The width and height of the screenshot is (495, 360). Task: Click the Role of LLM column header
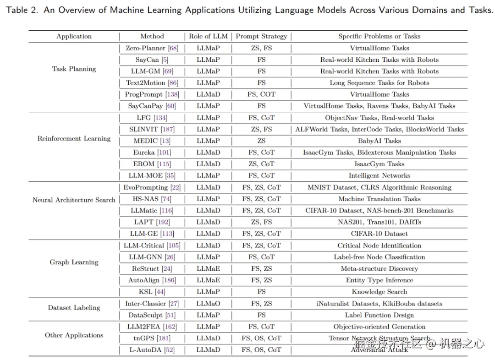click(208, 36)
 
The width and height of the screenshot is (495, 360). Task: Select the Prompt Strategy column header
click(261, 36)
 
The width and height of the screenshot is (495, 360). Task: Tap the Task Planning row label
click(74, 69)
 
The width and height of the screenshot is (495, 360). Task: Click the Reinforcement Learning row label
click(74, 138)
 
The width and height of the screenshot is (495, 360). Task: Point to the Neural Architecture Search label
click(74, 200)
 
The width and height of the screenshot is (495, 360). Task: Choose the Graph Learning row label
click(74, 262)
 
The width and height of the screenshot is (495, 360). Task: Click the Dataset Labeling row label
click(74, 307)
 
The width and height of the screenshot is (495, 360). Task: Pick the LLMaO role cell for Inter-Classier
click(208, 304)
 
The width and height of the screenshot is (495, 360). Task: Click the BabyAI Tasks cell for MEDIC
click(379, 141)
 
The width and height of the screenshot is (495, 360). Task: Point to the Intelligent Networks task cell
click(379, 175)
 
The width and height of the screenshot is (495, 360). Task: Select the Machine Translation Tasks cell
click(379, 199)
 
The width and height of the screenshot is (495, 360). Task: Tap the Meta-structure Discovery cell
click(379, 268)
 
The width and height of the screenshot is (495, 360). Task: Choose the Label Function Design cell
click(379, 315)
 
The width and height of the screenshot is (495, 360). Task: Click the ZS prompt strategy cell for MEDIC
click(261, 141)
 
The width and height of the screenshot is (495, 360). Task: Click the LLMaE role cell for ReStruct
click(208, 268)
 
